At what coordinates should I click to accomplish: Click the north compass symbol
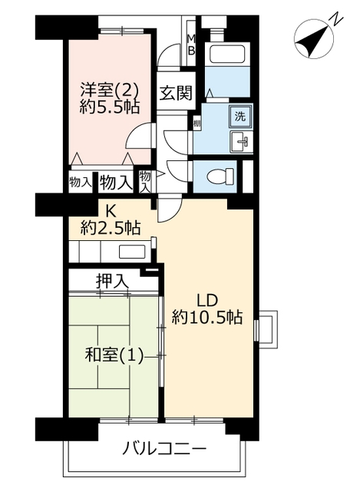(x=314, y=41)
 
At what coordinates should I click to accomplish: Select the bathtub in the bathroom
(x=227, y=54)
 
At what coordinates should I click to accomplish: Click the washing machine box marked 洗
(x=240, y=117)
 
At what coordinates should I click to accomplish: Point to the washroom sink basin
(x=242, y=141)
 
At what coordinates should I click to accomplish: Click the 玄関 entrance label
(x=176, y=94)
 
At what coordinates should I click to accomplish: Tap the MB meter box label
(x=191, y=44)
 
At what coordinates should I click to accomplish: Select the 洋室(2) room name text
(x=109, y=90)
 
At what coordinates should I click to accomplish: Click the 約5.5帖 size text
(x=109, y=107)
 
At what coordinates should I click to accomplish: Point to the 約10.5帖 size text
(x=207, y=317)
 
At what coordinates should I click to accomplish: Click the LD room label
(x=206, y=301)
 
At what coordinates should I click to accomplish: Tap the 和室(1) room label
(x=114, y=355)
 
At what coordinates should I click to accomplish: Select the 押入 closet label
(x=112, y=281)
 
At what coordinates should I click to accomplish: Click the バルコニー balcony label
(x=164, y=450)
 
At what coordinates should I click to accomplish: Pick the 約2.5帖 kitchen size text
(x=110, y=228)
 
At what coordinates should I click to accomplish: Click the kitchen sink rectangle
(x=132, y=252)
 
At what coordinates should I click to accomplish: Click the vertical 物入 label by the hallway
(x=145, y=181)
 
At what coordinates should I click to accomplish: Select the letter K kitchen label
(x=110, y=212)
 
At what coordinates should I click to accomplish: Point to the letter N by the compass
(x=335, y=18)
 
